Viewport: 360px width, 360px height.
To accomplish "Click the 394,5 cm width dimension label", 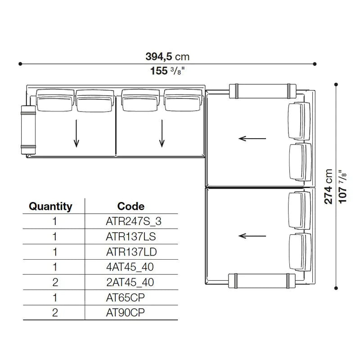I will (x=167, y=56).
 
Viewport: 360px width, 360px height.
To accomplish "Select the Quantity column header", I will (x=50, y=207).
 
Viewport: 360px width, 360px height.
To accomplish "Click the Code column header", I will (x=131, y=207).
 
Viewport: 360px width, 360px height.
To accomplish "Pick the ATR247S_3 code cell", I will (x=131, y=221).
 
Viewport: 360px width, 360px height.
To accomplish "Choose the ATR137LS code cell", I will (x=131, y=236).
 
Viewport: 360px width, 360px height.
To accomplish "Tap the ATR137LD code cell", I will (x=131, y=252).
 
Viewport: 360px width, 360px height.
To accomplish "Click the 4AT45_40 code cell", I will (x=131, y=267).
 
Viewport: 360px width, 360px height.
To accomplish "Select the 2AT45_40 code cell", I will (x=131, y=282).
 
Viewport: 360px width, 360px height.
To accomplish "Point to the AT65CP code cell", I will (x=131, y=297).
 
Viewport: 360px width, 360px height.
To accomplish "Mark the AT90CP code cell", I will (x=131, y=313).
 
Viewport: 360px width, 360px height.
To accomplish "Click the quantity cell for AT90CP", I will (x=54, y=313).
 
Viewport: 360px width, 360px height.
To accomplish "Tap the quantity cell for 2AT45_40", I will (x=54, y=282).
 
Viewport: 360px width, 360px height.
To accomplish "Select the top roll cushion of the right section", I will (x=262, y=90).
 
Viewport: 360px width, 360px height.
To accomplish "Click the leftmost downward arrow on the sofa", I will (x=77, y=134).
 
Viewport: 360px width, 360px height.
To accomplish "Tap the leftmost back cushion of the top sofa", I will (x=55, y=100).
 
